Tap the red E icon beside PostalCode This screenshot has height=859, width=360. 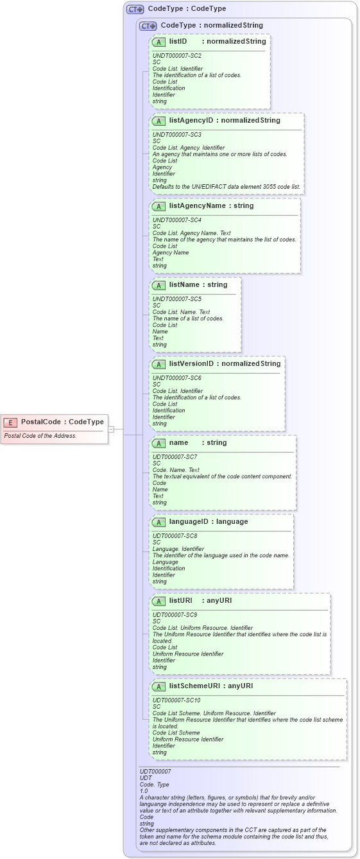click(x=10, y=422)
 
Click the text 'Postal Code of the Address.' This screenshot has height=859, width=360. click(x=40, y=436)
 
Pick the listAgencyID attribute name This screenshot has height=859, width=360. click(x=191, y=120)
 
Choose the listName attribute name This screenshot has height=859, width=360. click(x=184, y=284)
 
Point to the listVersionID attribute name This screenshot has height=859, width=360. click(x=191, y=364)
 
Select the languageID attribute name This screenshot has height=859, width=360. click(x=191, y=521)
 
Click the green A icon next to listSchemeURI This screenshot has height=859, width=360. click(x=159, y=686)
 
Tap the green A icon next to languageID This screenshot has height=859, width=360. click(x=159, y=522)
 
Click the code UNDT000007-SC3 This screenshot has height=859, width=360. click(x=177, y=135)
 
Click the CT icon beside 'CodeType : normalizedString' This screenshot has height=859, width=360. click(x=148, y=26)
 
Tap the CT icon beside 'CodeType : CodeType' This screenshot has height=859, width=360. click(x=135, y=10)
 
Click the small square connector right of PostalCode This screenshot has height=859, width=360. click(x=111, y=429)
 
